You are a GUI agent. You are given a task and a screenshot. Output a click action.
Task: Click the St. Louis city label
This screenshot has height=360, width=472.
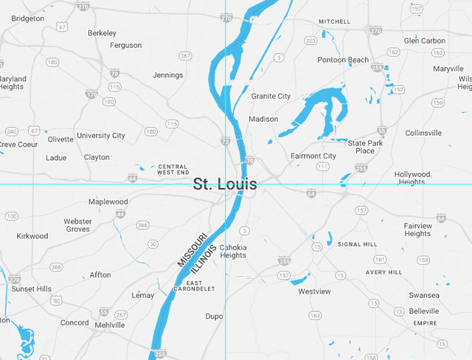pyautogui.click(x=225, y=184)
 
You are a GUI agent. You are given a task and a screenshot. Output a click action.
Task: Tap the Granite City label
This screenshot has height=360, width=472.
pyautogui.click(x=271, y=96)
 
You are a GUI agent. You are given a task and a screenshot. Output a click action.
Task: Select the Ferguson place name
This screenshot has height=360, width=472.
pyautogui.click(x=125, y=45)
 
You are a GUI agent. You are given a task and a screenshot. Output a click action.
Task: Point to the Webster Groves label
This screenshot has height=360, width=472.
pyautogui.click(x=77, y=225)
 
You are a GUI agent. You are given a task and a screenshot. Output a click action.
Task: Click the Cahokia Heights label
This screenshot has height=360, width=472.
pyautogui.click(x=233, y=251)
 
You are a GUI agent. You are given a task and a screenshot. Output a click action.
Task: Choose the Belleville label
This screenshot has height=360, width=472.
pyautogui.click(x=423, y=311)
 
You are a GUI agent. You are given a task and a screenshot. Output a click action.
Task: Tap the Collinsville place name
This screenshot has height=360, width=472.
pyautogui.click(x=423, y=133)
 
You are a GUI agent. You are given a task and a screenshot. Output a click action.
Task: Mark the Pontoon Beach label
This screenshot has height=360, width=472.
pyautogui.click(x=343, y=60)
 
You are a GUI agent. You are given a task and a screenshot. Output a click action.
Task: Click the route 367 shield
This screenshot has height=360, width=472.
pyautogui.click(x=185, y=55)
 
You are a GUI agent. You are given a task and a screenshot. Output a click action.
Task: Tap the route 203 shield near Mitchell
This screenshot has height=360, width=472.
pyautogui.click(x=310, y=40)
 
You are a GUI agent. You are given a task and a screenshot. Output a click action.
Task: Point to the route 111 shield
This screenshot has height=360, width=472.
pyautogui.click(x=322, y=167)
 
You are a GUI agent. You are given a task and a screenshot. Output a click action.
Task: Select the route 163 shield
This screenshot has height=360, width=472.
pyautogui.click(x=315, y=315)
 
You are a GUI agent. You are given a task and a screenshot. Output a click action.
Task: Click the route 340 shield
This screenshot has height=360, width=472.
pyautogui.click(x=12, y=131)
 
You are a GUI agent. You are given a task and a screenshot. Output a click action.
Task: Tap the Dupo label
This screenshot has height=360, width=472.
pyautogui.click(x=214, y=316)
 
